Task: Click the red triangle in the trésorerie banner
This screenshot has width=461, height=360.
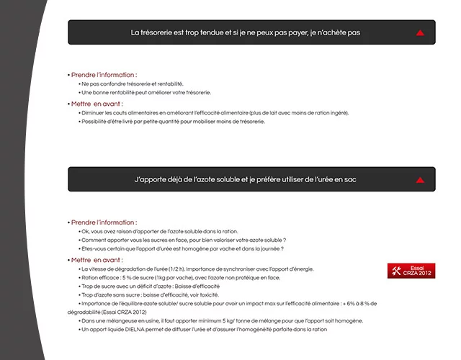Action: coord(420,33)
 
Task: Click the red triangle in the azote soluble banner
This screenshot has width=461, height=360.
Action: coord(420,180)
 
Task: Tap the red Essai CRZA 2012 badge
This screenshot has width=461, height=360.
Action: coord(411,271)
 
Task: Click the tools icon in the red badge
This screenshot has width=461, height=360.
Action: coord(396,271)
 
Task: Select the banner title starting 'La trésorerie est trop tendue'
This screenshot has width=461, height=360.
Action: coord(245,33)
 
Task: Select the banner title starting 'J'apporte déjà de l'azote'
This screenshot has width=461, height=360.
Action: coord(245,179)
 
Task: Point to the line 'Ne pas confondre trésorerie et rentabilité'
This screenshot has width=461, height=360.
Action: coord(133,84)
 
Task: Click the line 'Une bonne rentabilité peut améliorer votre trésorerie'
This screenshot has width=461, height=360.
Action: coord(146,93)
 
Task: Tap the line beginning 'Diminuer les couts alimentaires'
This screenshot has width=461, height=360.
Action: coord(215,113)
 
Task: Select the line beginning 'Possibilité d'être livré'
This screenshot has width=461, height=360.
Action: coord(173,122)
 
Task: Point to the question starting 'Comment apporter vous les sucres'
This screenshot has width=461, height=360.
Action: coord(184,240)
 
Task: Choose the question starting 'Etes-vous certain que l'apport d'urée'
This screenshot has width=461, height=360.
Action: coord(182,248)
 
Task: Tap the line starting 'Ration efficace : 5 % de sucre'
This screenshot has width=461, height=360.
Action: coord(181,277)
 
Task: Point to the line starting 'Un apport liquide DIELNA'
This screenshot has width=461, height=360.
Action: coord(204,329)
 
